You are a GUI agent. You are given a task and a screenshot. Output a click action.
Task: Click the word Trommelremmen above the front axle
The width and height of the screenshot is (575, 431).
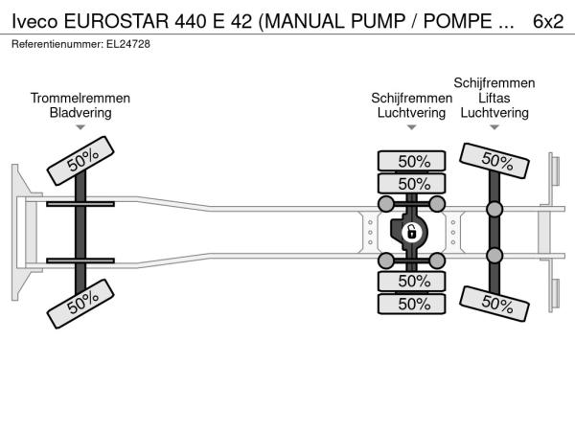click(80, 98)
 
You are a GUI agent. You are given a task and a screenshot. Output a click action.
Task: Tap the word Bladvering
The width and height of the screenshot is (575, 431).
click(80, 112)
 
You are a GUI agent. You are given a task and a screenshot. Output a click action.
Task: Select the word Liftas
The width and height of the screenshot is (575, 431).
click(494, 98)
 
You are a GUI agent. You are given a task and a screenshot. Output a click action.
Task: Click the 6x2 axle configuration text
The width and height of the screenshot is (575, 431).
click(548, 21)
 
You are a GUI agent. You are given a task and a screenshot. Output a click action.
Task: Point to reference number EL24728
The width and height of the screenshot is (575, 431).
click(128, 44)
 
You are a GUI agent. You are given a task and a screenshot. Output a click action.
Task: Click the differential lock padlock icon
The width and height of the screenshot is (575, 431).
click(412, 232)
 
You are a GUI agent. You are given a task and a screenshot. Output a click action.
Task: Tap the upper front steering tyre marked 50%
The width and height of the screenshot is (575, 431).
click(80, 161)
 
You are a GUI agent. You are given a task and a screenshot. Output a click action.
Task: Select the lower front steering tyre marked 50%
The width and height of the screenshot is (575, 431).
click(80, 304)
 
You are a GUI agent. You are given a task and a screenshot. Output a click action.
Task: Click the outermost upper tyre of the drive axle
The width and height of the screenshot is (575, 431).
click(411, 161)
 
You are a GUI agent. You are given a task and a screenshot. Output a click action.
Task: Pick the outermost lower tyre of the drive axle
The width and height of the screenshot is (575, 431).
click(411, 304)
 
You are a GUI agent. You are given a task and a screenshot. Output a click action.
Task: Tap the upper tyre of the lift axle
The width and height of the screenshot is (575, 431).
click(494, 161)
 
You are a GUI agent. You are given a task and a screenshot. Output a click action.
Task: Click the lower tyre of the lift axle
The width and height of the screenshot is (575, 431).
click(494, 304)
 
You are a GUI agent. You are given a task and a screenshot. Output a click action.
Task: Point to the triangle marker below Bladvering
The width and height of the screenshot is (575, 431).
click(80, 127)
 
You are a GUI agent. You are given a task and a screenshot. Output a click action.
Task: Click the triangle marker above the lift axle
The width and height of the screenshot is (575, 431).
click(494, 127)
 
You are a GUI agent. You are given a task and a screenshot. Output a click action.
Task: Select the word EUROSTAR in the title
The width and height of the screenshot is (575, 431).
click(117, 21)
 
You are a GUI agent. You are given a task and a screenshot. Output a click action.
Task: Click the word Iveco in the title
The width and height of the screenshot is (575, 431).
click(34, 21)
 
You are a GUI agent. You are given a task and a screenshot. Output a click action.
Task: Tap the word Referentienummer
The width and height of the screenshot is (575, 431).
click(57, 44)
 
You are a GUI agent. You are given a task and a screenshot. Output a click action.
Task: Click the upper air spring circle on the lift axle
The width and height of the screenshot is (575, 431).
click(494, 209)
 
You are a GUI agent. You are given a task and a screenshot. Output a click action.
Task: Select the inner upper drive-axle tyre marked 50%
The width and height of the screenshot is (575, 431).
click(411, 183)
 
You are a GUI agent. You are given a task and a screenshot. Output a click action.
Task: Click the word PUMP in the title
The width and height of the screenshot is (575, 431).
click(379, 21)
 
